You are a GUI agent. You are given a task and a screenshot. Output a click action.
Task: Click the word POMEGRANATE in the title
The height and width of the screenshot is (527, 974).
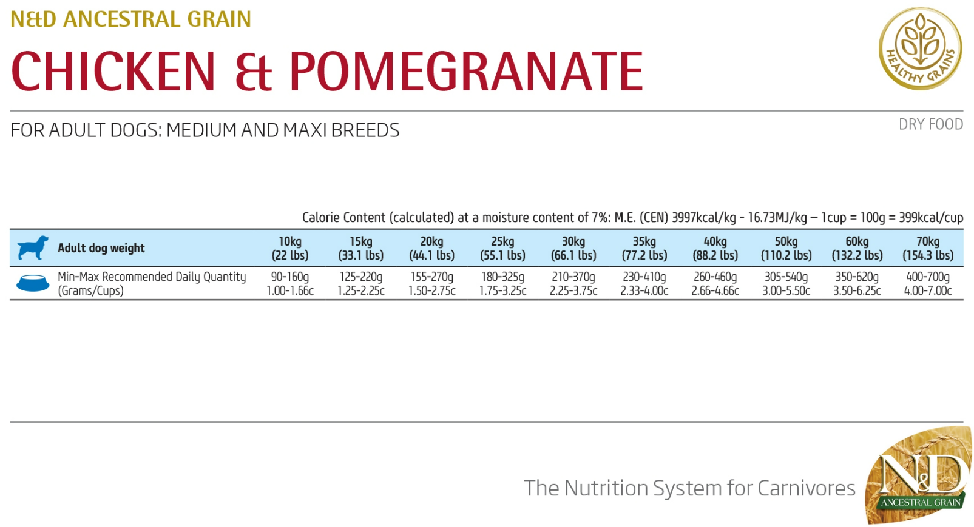tap(465, 72)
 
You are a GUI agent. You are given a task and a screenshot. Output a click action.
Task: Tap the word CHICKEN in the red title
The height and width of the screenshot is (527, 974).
tap(113, 72)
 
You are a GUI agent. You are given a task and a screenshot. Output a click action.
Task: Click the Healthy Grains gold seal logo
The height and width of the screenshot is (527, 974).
tap(920, 49)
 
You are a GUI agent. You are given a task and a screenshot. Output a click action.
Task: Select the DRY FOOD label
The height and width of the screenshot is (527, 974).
tap(930, 124)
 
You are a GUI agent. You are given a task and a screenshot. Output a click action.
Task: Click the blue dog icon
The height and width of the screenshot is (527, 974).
tap(33, 248)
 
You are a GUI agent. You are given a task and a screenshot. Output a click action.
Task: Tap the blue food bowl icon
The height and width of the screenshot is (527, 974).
tap(33, 283)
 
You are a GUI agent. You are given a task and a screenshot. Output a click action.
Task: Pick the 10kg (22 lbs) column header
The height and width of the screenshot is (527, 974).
tap(290, 249)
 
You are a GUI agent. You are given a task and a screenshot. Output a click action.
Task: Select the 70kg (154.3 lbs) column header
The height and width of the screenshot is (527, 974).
tap(927, 249)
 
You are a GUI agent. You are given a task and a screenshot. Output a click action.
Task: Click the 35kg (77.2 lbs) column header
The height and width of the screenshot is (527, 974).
tap(644, 249)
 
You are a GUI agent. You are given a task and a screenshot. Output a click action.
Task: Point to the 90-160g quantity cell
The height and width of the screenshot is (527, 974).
tap(290, 277)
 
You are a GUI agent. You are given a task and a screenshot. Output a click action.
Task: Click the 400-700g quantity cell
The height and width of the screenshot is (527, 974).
tap(927, 277)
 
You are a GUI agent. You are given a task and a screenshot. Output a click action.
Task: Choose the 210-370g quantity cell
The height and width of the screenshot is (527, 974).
tap(573, 277)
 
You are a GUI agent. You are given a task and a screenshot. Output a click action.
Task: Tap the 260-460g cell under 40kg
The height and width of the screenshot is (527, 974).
tap(715, 277)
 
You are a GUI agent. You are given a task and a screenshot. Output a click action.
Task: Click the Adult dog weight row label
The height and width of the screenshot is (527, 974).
tap(101, 248)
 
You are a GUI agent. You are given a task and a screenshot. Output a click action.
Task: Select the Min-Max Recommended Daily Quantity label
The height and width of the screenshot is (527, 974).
tap(152, 277)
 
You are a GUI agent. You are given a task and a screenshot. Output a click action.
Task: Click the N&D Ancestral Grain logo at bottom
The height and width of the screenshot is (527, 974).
tap(919, 477)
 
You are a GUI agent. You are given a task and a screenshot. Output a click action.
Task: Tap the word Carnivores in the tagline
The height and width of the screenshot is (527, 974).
tap(806, 488)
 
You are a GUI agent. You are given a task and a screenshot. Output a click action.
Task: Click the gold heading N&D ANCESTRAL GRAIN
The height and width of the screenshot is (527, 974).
tap(130, 19)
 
